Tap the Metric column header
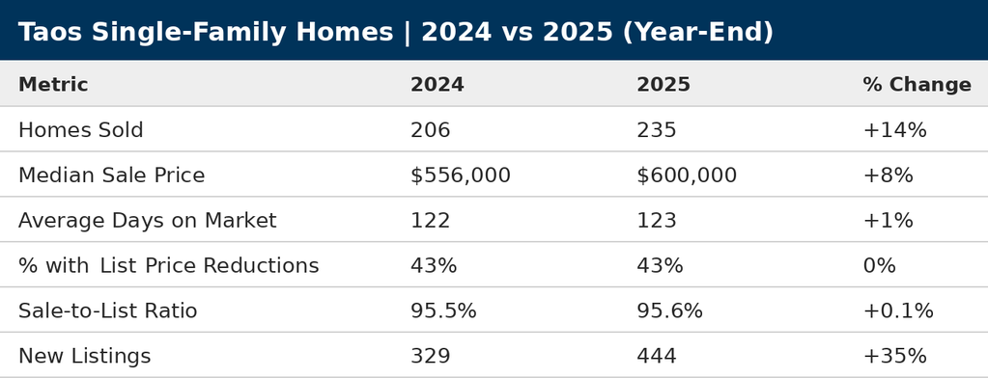[53, 85]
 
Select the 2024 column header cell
[437, 85]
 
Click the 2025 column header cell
[663, 85]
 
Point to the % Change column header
[916, 85]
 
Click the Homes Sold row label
[80, 130]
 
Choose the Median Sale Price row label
[111, 175]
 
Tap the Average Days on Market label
[147, 221]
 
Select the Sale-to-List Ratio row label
[107, 311]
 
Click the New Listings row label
[84, 357]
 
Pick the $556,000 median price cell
[460, 175]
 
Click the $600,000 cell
[686, 175]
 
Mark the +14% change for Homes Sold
[893, 130]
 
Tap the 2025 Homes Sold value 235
[656, 130]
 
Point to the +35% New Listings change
[893, 357]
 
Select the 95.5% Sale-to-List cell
[442, 311]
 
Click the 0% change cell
[879, 266]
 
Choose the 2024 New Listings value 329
[430, 357]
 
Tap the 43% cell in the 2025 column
[659, 266]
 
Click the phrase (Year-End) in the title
[697, 33]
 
